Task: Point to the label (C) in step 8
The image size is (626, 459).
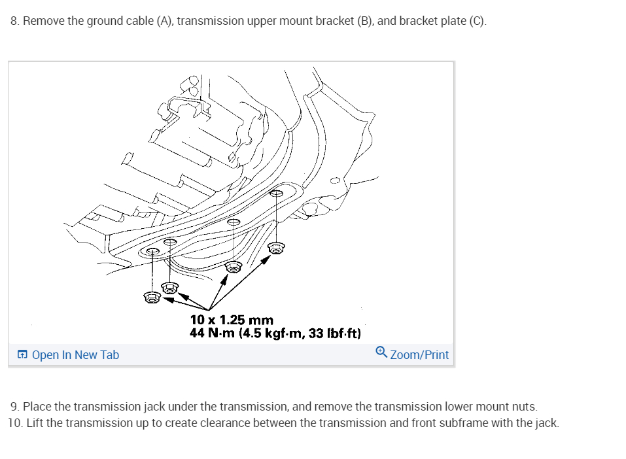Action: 477,21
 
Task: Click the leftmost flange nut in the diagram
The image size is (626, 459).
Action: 152,297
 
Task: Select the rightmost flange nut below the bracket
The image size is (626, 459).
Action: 277,248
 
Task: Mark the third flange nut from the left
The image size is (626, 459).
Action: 234,266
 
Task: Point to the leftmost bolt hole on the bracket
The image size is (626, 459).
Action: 152,251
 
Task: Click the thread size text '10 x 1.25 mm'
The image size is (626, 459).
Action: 232,320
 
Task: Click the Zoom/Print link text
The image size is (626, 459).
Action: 419,355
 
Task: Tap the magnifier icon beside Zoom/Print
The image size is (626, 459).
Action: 382,353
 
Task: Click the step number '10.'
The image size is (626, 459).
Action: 15,422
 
